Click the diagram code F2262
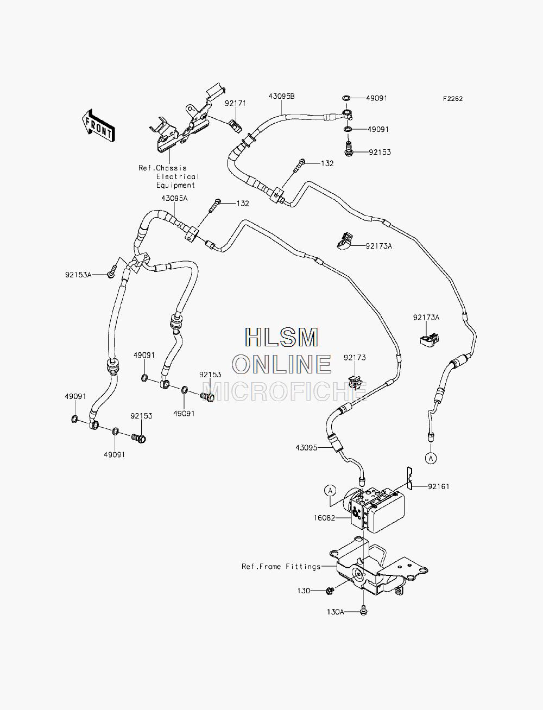(453, 99)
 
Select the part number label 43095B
(281, 97)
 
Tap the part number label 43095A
(174, 198)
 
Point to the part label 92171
(236, 104)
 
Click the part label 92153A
(78, 275)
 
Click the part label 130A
(335, 612)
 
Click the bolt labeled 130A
(363, 610)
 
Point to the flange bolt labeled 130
(330, 591)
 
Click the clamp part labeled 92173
(355, 382)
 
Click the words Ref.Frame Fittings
(281, 567)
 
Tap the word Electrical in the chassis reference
(178, 176)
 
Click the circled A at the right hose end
(431, 458)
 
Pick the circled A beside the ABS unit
(330, 491)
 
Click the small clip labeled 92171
(236, 125)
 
